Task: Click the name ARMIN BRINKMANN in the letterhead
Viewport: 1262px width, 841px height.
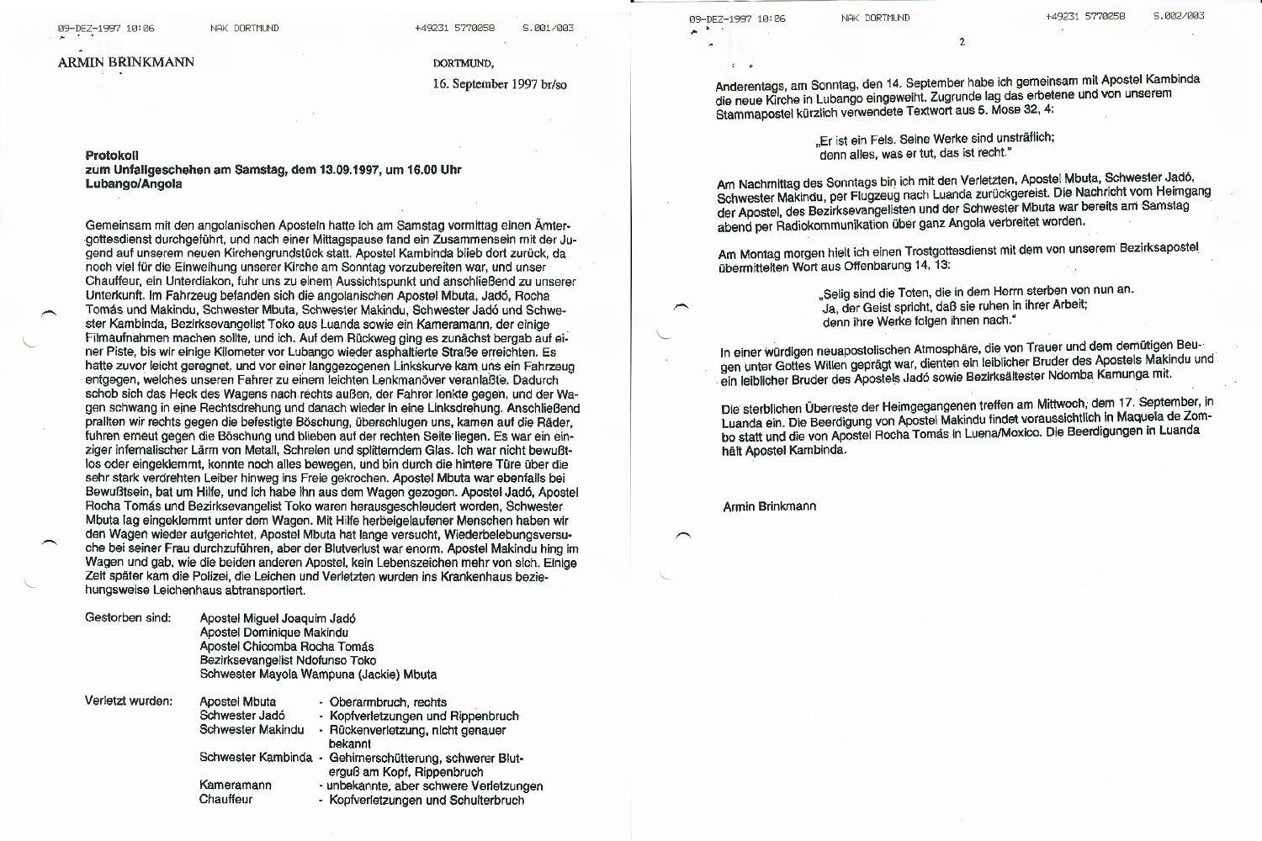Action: click(x=126, y=61)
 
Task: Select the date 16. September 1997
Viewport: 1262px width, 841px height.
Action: click(x=485, y=85)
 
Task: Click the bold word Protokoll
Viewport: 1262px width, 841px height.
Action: click(x=112, y=155)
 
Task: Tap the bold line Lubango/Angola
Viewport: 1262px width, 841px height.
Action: click(x=134, y=183)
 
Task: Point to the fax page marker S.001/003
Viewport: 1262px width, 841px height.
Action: click(x=548, y=28)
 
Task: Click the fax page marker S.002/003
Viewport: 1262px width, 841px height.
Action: click(x=1178, y=16)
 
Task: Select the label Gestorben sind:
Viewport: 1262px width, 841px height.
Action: click(x=128, y=618)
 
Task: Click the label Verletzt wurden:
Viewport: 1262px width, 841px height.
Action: click(x=129, y=701)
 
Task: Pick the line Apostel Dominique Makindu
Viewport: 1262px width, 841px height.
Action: click(x=274, y=632)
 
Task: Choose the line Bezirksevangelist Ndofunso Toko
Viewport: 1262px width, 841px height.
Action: click(x=288, y=660)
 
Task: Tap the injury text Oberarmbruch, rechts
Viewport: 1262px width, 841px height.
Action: click(x=388, y=702)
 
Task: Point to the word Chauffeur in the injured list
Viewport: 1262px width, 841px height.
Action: click(x=225, y=800)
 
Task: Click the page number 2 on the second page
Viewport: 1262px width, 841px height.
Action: click(x=962, y=42)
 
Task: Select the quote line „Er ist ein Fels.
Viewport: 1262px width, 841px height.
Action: click(x=935, y=139)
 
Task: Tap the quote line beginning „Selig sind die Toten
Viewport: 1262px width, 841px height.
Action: click(x=975, y=290)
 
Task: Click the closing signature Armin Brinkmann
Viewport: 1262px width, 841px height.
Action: click(x=769, y=506)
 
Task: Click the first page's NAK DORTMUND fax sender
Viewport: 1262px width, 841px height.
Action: click(x=244, y=28)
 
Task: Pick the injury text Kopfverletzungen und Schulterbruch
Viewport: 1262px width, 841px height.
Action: click(x=427, y=800)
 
